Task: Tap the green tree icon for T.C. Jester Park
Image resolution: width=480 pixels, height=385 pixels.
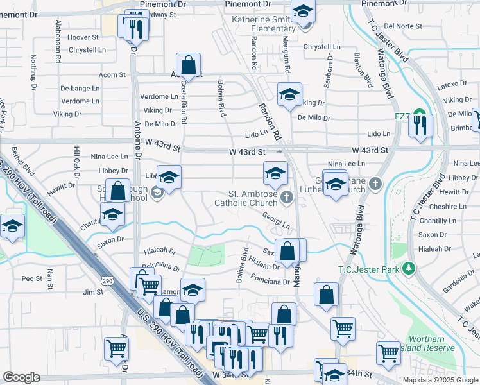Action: coord(409,268)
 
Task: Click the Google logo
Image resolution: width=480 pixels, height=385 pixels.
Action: coord(22,377)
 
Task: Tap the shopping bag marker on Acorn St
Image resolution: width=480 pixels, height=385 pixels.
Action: coord(188,65)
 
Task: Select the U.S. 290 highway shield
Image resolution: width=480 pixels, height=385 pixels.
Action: coord(107,280)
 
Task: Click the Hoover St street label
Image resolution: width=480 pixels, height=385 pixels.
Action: coord(83,38)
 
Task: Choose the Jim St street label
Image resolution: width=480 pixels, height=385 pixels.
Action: coord(93,292)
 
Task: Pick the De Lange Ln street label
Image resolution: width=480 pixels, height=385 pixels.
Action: coord(80,88)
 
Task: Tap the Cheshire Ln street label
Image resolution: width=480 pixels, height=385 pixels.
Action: coord(442,207)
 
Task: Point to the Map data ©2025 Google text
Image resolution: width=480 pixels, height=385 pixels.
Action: coord(440,380)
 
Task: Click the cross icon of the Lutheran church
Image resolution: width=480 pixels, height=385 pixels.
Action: coord(377,185)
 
